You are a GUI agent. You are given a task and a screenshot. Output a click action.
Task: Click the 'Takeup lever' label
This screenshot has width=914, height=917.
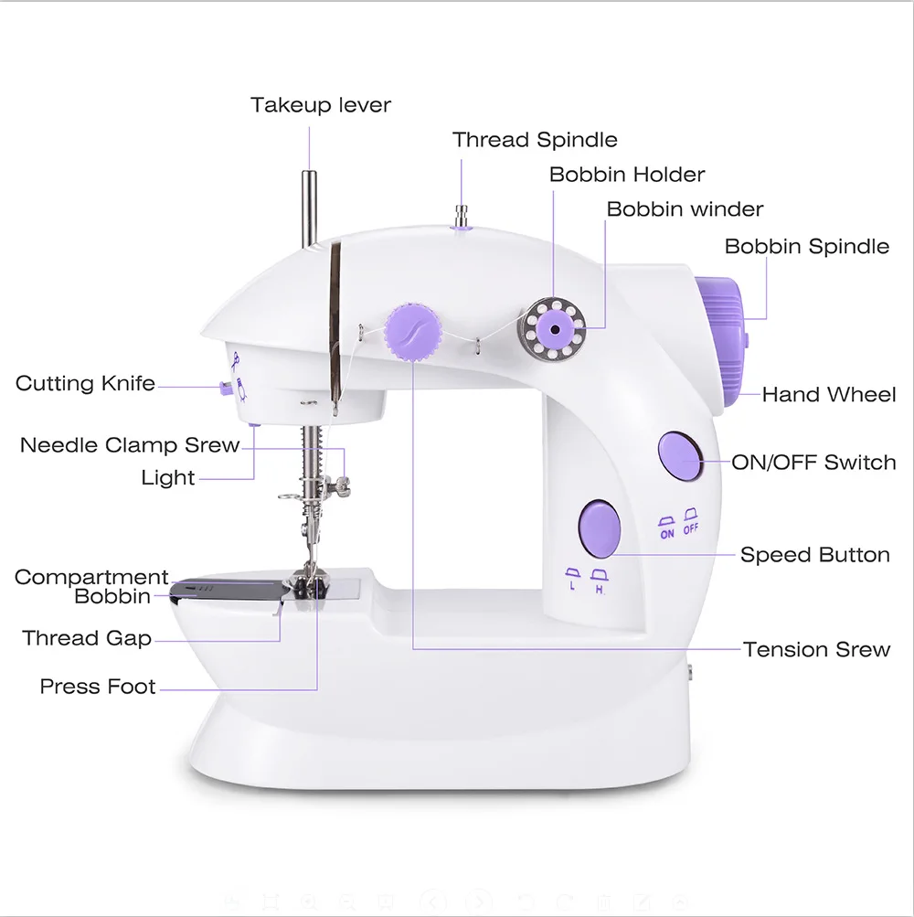coord(321,105)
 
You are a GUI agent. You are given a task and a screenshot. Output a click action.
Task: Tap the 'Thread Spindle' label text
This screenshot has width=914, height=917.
coord(535,140)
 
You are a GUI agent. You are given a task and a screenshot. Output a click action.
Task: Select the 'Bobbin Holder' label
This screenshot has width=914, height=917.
coord(627,175)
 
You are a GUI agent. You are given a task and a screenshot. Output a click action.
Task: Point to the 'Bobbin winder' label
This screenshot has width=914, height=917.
coord(685,209)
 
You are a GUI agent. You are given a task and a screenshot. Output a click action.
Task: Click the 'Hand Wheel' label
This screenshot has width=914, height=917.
coord(829,395)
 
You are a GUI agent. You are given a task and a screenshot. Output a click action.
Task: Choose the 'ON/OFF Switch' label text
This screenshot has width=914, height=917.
coord(813,463)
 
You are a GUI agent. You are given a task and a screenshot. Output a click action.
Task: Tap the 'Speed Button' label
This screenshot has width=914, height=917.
coord(814,555)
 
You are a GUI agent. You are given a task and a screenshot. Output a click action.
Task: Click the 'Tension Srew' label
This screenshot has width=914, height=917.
coord(816,650)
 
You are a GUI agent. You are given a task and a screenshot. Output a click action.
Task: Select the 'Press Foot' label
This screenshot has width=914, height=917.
coord(98,687)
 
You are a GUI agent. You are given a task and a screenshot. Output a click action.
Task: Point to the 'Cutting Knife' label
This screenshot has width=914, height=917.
coord(85,384)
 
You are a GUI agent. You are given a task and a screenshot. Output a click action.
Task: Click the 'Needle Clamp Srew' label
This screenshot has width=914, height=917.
coord(130,446)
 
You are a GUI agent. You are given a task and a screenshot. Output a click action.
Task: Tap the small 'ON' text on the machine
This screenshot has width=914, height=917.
coord(667,534)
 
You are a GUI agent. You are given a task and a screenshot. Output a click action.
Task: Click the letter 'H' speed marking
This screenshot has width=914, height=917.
coord(600,590)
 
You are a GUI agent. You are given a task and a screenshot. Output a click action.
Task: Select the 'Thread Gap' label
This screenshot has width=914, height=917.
coord(87,638)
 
